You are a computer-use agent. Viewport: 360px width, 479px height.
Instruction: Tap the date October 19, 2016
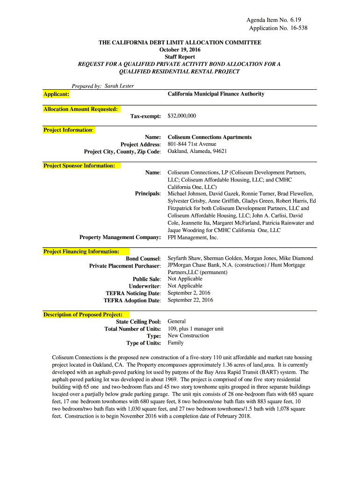click(x=180, y=50)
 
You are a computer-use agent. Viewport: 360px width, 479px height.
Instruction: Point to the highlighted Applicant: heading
click(x=57, y=94)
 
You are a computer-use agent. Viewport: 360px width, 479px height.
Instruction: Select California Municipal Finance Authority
click(x=216, y=94)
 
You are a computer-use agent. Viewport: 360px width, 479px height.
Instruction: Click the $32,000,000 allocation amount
click(x=182, y=116)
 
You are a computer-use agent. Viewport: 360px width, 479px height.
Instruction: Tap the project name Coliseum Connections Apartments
click(x=209, y=137)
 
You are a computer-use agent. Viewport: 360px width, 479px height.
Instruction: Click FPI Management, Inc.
click(x=193, y=238)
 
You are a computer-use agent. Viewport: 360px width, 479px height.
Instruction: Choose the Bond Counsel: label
click(x=143, y=259)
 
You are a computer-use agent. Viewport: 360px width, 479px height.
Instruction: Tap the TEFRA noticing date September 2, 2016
click(x=189, y=293)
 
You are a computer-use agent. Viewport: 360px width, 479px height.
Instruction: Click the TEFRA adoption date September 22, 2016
click(x=190, y=300)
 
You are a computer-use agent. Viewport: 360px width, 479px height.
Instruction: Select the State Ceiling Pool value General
click(x=177, y=321)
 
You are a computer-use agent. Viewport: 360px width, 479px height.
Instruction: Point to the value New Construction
click(x=188, y=335)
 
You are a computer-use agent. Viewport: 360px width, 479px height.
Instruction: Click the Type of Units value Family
click(x=175, y=343)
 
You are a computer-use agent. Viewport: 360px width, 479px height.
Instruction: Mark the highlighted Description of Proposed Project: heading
click(x=83, y=314)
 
